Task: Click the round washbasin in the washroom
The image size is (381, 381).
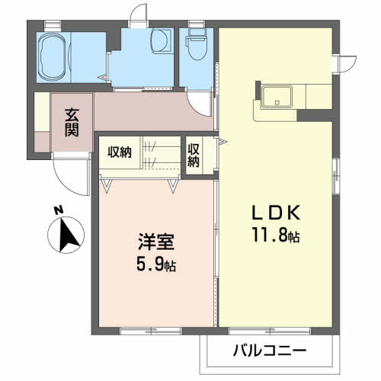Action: click(160, 40)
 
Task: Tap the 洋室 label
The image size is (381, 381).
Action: click(155, 244)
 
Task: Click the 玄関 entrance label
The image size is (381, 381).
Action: click(72, 122)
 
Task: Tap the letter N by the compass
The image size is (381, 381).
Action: click(59, 211)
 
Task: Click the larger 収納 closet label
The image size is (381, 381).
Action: click(119, 152)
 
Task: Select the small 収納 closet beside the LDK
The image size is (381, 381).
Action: click(194, 155)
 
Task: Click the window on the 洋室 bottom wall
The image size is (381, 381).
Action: click(148, 331)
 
